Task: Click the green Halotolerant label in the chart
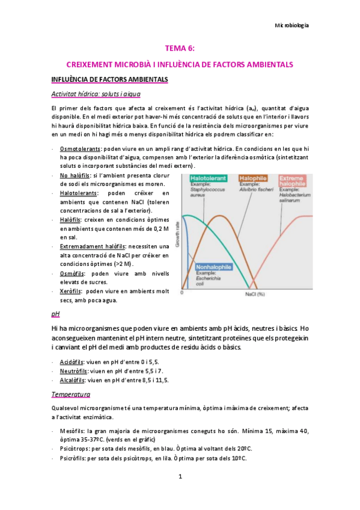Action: [209, 179]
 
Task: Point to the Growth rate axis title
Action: [177, 234]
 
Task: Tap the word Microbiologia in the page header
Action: [291, 26]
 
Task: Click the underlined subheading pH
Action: [56, 314]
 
